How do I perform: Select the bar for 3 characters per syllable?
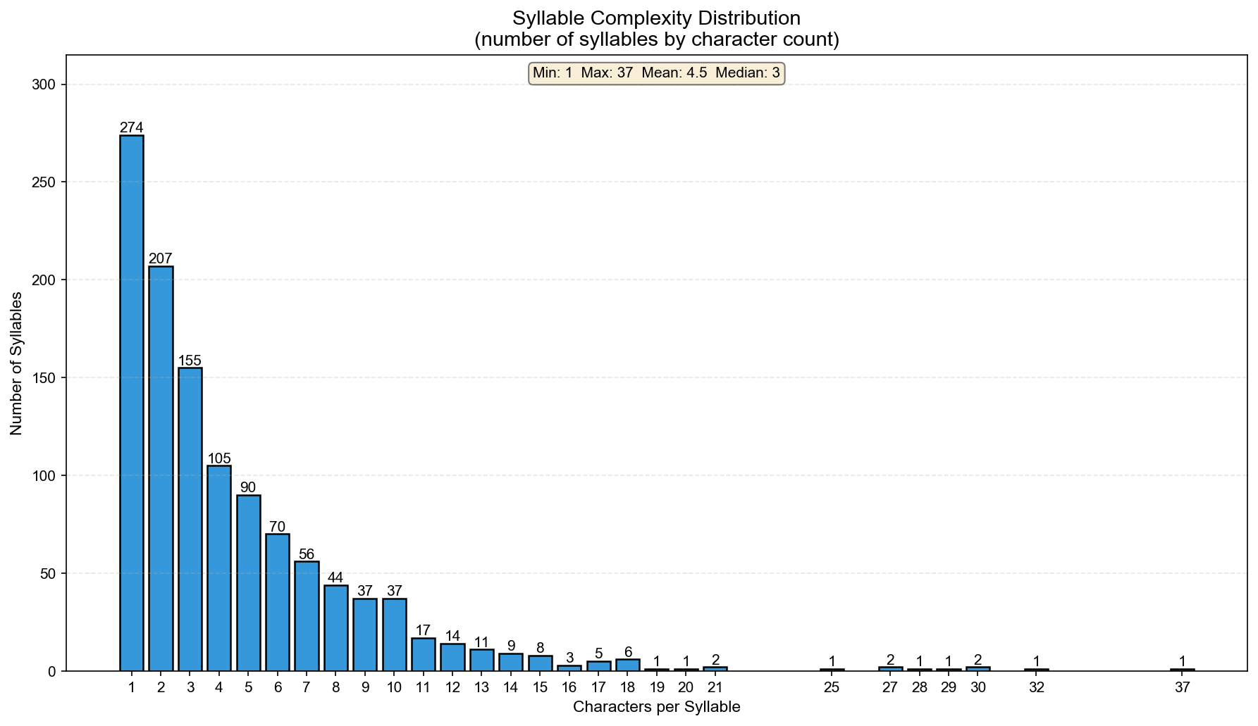(x=190, y=519)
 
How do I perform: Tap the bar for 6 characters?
(x=278, y=602)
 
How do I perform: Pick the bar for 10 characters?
(x=395, y=634)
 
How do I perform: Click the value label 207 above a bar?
(x=161, y=258)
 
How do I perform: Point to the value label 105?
(x=219, y=458)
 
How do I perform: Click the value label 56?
(x=307, y=554)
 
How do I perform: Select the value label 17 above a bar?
(x=423, y=630)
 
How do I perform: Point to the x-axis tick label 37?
(x=1182, y=687)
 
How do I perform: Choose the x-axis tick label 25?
(x=832, y=687)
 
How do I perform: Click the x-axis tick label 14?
(x=511, y=687)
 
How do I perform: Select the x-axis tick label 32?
(x=1036, y=687)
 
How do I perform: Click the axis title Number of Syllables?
(x=17, y=363)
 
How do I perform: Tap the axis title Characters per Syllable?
(x=656, y=707)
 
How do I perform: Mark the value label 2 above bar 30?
(x=978, y=660)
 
